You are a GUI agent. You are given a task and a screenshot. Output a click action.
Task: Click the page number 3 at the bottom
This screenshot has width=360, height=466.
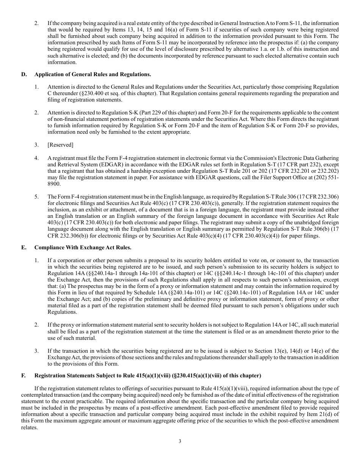180,441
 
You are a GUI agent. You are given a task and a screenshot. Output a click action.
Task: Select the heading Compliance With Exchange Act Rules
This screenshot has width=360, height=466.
83,247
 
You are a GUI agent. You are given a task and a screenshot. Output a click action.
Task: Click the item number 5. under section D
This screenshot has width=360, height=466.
36,197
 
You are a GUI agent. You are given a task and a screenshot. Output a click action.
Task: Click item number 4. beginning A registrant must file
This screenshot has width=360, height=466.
36,158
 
